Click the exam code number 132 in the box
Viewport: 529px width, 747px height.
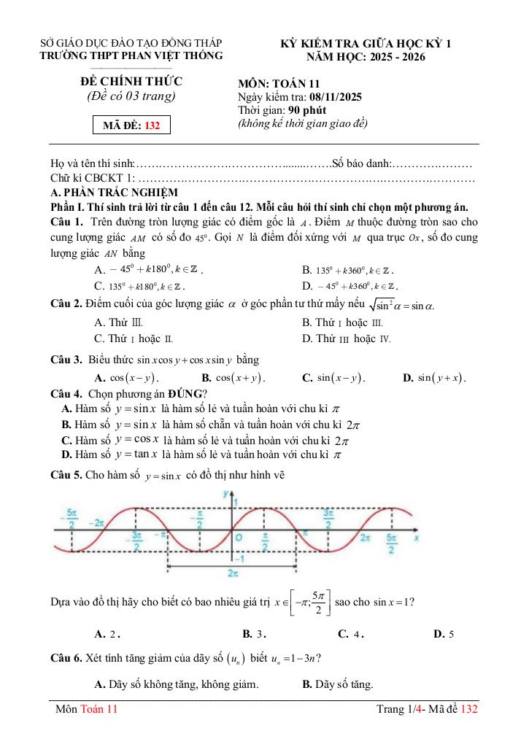click(152, 125)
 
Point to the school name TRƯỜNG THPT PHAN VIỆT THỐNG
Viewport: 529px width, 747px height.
click(131, 55)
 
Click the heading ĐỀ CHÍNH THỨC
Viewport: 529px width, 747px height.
click(131, 81)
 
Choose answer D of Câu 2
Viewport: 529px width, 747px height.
click(347, 338)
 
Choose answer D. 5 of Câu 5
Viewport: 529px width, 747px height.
click(444, 634)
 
